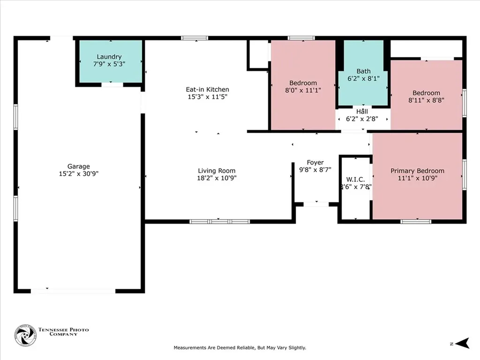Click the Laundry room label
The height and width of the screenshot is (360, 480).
pos(109,57)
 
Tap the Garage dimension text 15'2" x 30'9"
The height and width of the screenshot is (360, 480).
pos(79,173)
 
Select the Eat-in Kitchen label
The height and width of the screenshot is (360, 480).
pos(208,90)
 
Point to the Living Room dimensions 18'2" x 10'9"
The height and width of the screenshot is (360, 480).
pos(217,178)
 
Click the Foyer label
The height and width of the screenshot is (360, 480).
pos(315,163)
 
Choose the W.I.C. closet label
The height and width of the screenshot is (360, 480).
pos(355,180)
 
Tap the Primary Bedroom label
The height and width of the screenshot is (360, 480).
pos(417,171)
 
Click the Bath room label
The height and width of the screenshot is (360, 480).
pos(364,71)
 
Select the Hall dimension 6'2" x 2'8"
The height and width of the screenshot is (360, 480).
pos(362,119)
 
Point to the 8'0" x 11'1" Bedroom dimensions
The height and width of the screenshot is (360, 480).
pos(303,90)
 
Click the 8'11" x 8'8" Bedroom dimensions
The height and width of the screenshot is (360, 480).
pos(426,100)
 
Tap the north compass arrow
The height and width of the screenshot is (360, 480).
pos(462,343)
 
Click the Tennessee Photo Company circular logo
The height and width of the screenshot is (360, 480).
pos(26,336)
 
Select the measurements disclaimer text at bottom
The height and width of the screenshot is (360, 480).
pos(240,348)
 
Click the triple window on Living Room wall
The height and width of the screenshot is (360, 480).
pos(219,221)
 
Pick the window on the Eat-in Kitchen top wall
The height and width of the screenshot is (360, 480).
pos(195,38)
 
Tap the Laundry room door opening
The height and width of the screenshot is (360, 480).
pos(112,84)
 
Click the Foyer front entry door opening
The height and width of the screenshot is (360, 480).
pos(316,204)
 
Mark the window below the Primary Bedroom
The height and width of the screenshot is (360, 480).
pos(416,221)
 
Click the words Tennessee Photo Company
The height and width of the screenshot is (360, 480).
pos(64,332)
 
